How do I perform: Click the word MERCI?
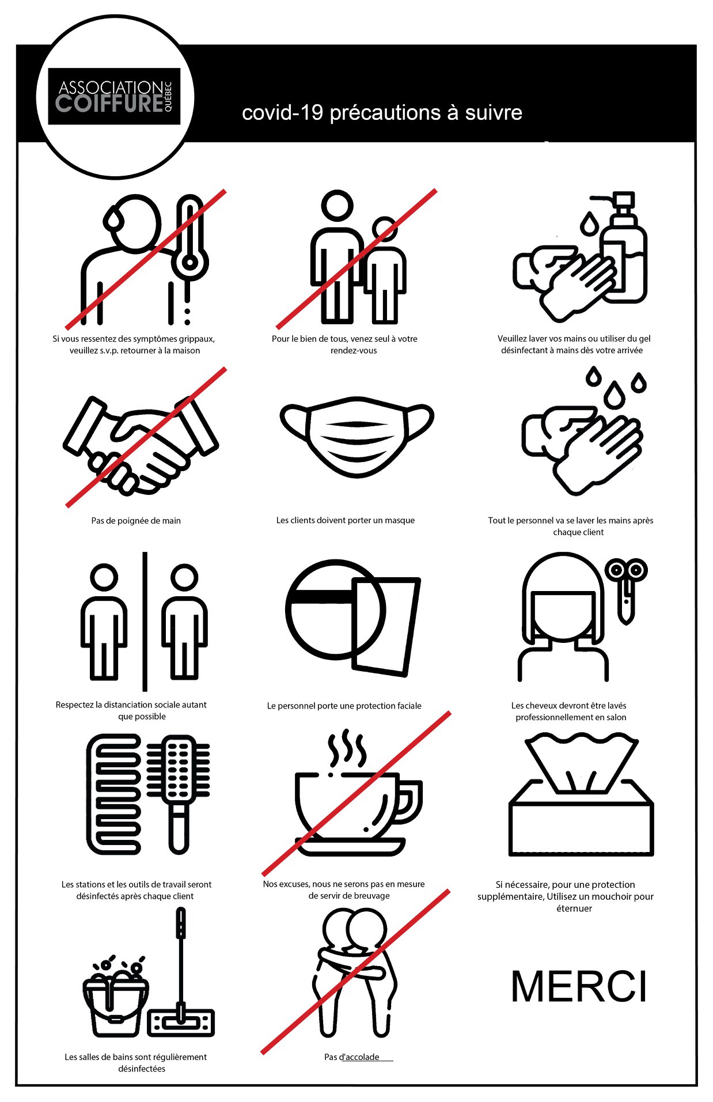(x=579, y=986)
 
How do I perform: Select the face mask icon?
(x=356, y=436)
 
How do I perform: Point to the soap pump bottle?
(x=623, y=248)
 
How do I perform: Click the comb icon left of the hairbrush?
(x=114, y=793)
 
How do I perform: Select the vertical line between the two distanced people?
(x=145, y=622)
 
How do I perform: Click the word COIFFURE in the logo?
(x=109, y=104)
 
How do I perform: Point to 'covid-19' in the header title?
(x=283, y=112)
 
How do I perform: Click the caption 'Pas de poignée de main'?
(x=136, y=521)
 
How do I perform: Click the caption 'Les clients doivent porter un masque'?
(x=346, y=520)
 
